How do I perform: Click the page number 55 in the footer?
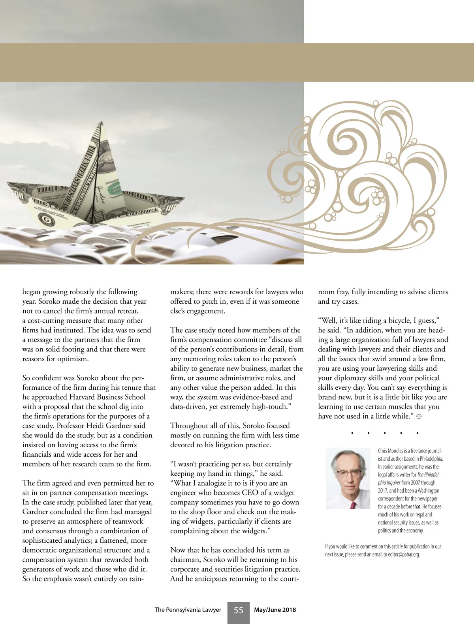pyautogui.click(x=238, y=610)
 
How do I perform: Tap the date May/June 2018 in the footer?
pyautogui.click(x=275, y=610)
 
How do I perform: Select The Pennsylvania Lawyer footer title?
pyautogui.click(x=188, y=610)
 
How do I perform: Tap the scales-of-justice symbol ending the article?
pyautogui.click(x=419, y=417)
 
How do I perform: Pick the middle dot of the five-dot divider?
pyautogui.click(x=384, y=433)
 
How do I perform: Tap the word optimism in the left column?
pyautogui.click(x=73, y=359)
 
